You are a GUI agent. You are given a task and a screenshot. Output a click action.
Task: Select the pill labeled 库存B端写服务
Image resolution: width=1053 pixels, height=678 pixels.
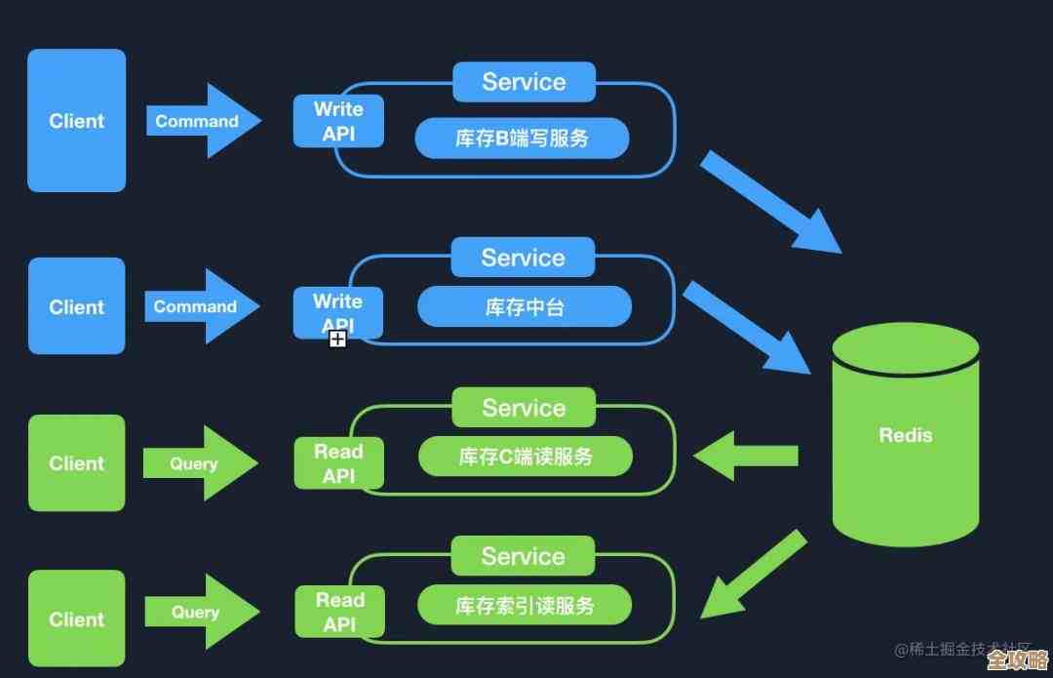click(522, 138)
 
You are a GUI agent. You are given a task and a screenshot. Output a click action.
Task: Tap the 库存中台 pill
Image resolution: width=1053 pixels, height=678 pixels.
click(525, 307)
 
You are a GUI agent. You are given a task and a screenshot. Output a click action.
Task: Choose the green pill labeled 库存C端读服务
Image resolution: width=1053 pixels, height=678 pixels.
click(525, 456)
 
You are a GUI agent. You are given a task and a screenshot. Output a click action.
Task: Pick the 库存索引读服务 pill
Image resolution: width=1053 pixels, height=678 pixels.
click(525, 606)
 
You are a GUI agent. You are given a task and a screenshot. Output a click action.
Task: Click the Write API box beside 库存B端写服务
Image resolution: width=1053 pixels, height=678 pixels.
click(338, 122)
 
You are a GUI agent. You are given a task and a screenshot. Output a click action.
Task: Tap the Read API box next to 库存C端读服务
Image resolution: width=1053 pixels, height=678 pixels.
click(338, 463)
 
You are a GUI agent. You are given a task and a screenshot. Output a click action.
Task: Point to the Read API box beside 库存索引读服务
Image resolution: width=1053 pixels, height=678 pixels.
click(339, 612)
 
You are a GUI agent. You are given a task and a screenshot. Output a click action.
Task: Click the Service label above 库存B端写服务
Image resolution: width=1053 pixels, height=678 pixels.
click(524, 82)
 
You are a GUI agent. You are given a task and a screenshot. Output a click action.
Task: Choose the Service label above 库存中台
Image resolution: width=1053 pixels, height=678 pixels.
click(523, 258)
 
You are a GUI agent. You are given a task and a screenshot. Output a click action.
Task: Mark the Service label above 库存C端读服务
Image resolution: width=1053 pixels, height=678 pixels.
click(524, 407)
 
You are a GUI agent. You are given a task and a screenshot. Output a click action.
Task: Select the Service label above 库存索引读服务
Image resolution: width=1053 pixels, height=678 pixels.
click(523, 556)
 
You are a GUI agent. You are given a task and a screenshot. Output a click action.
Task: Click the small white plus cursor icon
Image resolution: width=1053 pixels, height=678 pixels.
click(337, 339)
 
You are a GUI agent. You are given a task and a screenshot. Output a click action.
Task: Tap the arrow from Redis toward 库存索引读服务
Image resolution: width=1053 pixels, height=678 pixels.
click(752, 577)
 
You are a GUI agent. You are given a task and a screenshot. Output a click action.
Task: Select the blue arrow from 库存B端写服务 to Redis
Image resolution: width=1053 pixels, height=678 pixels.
click(769, 201)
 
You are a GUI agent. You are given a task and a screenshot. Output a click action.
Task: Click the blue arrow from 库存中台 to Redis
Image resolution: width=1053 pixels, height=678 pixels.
click(747, 327)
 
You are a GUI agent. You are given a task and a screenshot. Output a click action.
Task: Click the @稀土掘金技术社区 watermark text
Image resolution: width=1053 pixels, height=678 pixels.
click(950, 650)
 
